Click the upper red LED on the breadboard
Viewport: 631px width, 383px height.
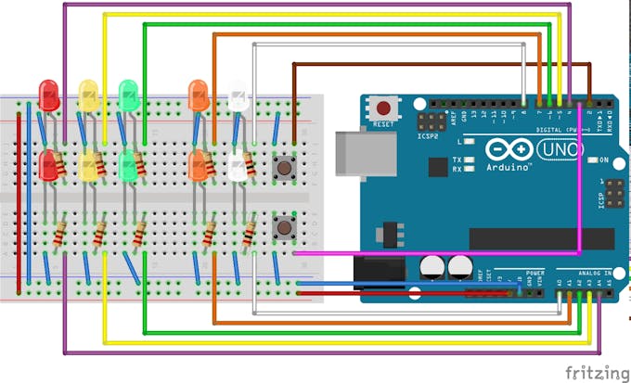pos(48,92)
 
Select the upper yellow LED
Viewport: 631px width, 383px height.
pos(88,92)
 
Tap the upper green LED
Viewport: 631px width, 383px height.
pos(128,92)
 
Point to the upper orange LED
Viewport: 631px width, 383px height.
pos(198,92)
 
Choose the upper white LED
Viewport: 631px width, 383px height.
pos(238,96)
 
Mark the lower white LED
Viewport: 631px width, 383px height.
pos(237,167)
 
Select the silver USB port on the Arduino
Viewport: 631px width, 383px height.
pos(354,152)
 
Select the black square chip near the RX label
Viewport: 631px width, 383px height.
pos(437,167)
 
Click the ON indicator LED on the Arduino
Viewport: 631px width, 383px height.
pos(590,160)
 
